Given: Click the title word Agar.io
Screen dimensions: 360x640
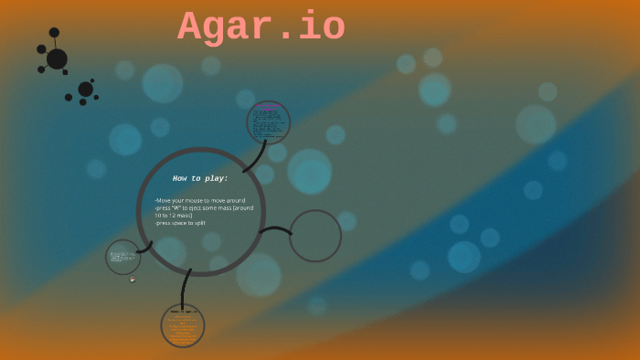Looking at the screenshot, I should [261, 27].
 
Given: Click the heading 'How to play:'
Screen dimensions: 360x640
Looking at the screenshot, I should [200, 178].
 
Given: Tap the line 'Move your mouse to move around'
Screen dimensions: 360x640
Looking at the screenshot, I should [200, 200].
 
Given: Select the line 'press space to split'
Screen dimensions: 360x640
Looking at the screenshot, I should [180, 223].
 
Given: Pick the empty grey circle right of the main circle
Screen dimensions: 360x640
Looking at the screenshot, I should [315, 236].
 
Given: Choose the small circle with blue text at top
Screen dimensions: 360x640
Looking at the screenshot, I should [268, 122].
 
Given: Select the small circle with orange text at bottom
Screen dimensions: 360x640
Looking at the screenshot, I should [183, 325].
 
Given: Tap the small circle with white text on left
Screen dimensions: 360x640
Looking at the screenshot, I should [123, 258].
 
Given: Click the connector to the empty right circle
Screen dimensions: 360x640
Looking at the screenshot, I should [274, 229].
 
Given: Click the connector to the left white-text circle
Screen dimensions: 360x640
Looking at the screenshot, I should [144, 248].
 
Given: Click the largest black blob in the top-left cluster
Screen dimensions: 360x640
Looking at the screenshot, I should [57, 58].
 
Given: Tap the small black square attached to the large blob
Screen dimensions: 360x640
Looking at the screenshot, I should [65, 72].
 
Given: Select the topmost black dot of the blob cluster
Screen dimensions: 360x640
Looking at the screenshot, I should [54, 33].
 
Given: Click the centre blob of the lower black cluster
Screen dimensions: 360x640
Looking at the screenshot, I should [85, 89].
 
